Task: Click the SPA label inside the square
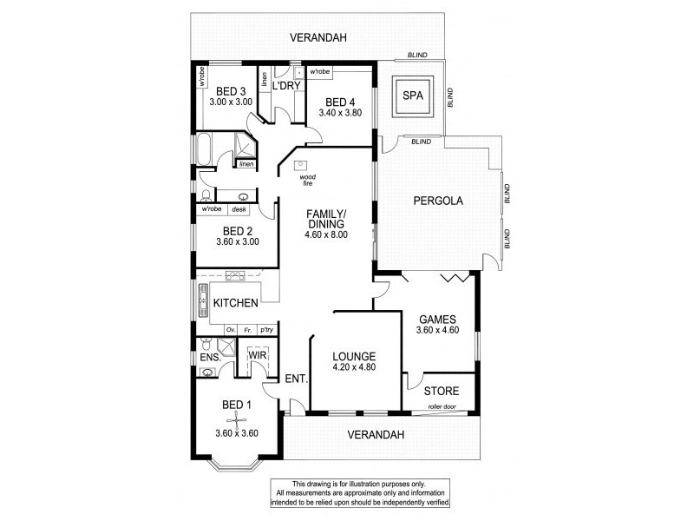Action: click(x=415, y=98)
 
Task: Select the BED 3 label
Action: click(x=231, y=91)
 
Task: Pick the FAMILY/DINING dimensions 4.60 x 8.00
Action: click(x=327, y=234)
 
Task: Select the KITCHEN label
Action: click(x=235, y=303)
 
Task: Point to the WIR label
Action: click(x=258, y=355)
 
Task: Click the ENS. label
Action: click(x=210, y=357)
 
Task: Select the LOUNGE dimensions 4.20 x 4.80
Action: click(x=353, y=367)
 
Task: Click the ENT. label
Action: click(x=295, y=378)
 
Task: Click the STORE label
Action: click(x=442, y=391)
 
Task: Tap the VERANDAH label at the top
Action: click(x=315, y=36)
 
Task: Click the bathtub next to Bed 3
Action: click(x=204, y=150)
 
